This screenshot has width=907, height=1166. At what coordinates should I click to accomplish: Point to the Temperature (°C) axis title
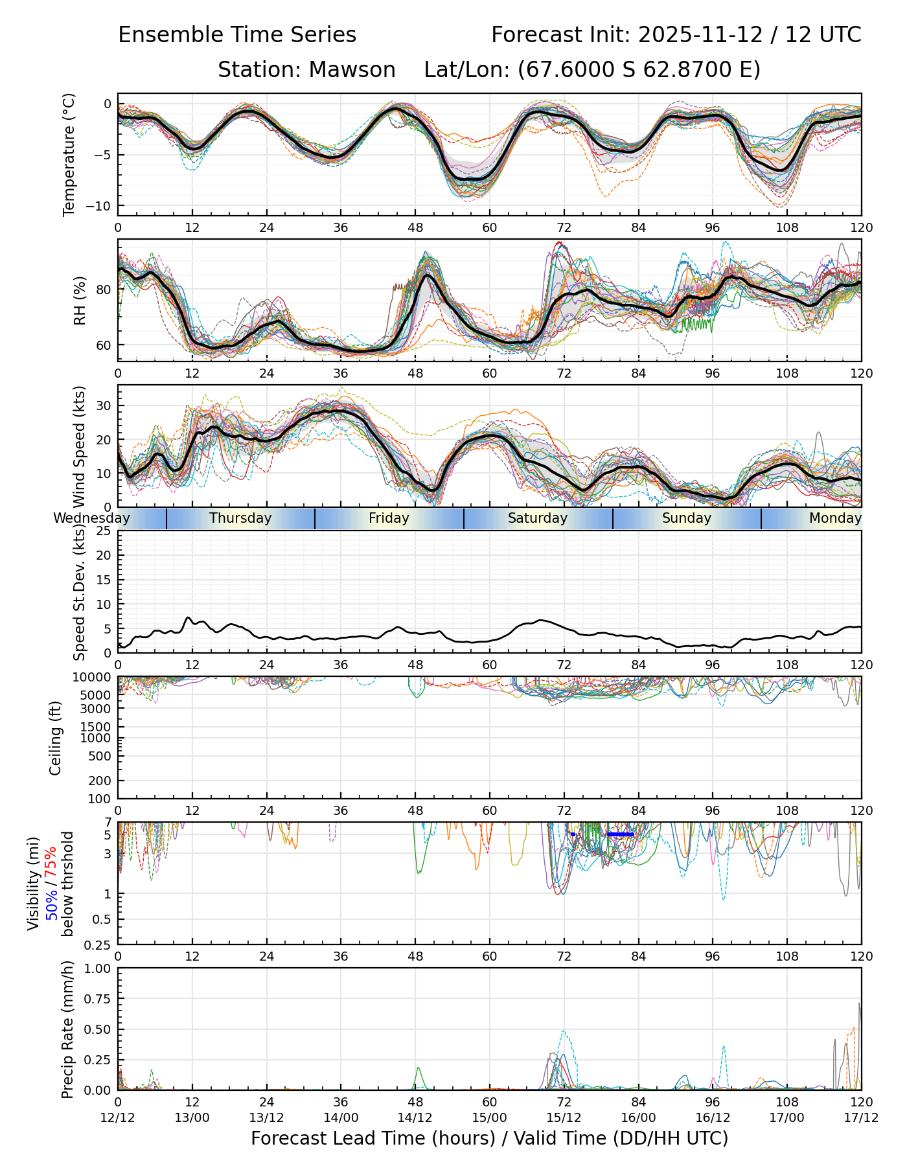(x=69, y=154)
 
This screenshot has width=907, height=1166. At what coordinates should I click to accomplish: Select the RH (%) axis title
(x=80, y=301)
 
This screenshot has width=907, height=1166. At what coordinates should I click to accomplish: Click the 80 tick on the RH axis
(x=104, y=290)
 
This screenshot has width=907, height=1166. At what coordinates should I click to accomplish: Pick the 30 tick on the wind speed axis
(x=104, y=406)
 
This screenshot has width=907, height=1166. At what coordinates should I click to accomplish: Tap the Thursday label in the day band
(x=240, y=518)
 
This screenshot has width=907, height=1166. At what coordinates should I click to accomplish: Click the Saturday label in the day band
(x=538, y=518)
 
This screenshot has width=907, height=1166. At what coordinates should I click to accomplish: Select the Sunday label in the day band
(x=687, y=518)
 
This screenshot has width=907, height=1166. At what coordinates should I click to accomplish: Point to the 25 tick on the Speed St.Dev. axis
(x=104, y=531)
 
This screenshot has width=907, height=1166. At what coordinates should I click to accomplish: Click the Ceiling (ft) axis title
(x=56, y=737)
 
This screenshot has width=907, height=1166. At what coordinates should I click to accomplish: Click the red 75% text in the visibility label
(x=51, y=862)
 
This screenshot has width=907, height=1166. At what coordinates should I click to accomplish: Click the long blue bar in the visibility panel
(x=620, y=834)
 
